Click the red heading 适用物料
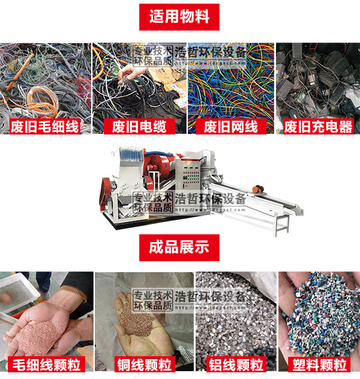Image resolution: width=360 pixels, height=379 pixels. [179, 17]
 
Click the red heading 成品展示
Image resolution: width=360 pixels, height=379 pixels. [179, 247]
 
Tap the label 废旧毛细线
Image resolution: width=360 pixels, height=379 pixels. [46, 126]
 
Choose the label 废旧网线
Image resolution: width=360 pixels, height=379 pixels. [230, 126]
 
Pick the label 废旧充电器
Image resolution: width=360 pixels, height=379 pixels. [318, 126]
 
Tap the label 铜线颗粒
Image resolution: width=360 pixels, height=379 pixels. [143, 364]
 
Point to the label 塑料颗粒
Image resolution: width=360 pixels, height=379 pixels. [319, 364]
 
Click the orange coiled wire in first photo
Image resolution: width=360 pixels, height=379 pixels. [36, 96]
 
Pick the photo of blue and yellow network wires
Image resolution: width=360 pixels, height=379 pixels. [230, 84]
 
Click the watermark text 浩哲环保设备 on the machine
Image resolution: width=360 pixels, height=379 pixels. [210, 199]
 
